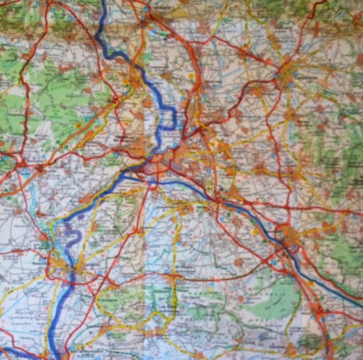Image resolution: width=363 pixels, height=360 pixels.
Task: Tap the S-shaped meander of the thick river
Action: point(72,230)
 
